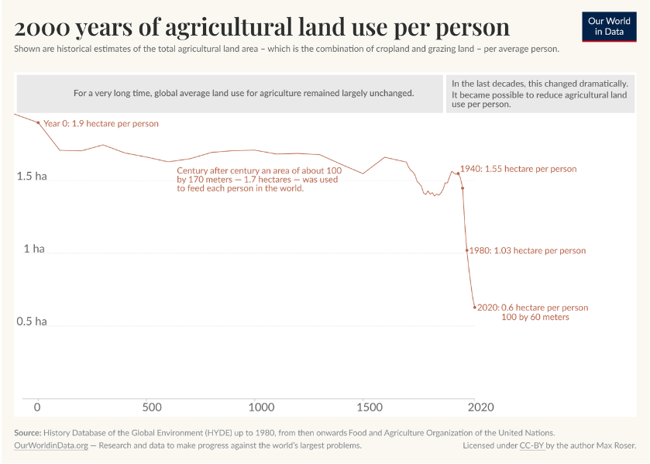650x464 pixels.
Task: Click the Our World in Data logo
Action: (x=608, y=26)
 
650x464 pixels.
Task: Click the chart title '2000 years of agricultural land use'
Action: (x=262, y=27)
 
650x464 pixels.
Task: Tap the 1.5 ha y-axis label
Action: (x=32, y=177)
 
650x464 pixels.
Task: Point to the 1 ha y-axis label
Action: (x=33, y=249)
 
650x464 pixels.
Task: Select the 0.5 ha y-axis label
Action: (x=32, y=321)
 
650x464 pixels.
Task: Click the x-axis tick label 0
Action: (x=37, y=407)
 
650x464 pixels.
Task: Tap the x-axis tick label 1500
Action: (x=372, y=407)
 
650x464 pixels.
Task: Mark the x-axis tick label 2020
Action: (x=480, y=407)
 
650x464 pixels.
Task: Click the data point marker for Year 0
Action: (x=38, y=122)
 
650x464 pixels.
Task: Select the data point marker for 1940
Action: (x=458, y=173)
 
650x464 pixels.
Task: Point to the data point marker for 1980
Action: (x=466, y=250)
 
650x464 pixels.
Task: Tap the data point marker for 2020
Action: (x=475, y=308)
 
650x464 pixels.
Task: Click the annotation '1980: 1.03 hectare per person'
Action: (x=528, y=251)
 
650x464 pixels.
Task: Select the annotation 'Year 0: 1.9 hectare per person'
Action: (x=101, y=124)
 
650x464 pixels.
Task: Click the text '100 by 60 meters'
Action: (x=535, y=318)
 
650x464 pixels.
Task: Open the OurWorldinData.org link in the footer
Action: (x=49, y=445)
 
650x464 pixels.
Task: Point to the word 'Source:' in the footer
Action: (x=27, y=432)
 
